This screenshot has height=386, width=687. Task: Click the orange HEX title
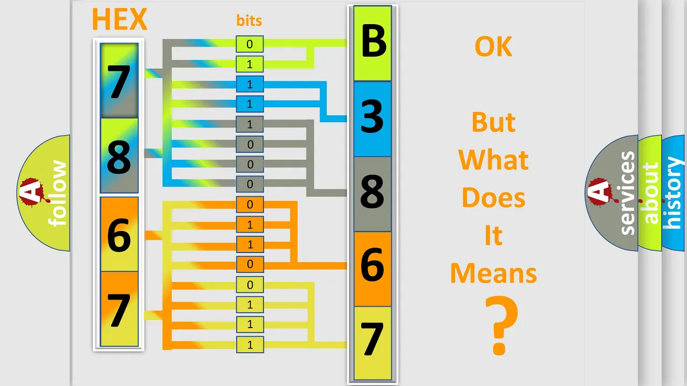point(120,19)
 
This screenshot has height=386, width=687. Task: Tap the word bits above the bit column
point(249,20)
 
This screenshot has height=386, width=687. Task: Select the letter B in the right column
point(372,41)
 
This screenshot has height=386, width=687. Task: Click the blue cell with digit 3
point(372,119)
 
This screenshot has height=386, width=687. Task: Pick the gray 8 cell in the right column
point(372,194)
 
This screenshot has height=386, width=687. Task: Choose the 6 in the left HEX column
point(119,234)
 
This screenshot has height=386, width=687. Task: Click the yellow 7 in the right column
point(372,343)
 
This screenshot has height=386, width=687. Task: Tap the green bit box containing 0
point(250,44)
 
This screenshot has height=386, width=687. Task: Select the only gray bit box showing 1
point(250,124)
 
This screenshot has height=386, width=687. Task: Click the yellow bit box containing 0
point(250,285)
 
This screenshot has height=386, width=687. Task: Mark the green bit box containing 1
point(250,64)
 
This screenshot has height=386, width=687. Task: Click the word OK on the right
point(493,47)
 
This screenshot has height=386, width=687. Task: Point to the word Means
point(493,273)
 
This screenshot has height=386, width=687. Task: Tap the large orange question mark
point(501,325)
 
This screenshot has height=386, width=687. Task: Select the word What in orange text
point(493,159)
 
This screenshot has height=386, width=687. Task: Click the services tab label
point(627,193)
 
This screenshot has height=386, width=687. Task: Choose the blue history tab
point(674,193)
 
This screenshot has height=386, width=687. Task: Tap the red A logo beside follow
point(32,191)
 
